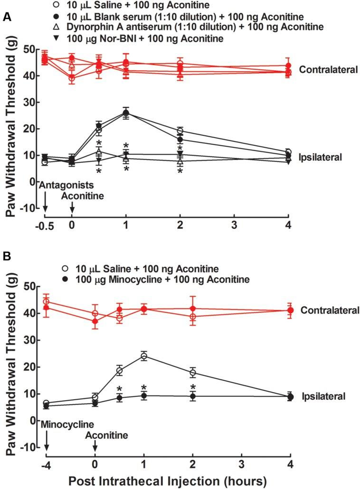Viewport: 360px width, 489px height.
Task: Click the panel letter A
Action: [7, 17]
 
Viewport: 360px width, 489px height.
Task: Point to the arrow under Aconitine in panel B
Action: [95, 444]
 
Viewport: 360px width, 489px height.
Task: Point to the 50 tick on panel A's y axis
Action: [31, 49]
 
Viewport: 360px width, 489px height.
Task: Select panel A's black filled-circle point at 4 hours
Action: [288, 156]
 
